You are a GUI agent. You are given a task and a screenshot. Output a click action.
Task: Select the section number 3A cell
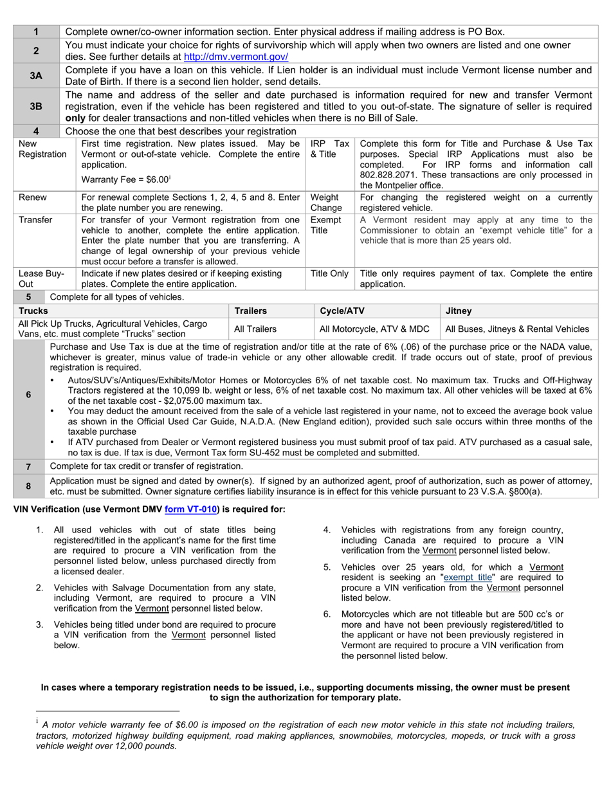click(x=36, y=75)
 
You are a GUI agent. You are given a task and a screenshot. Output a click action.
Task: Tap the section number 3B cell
click(x=36, y=107)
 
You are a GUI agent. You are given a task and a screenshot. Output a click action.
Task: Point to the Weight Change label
click(x=326, y=203)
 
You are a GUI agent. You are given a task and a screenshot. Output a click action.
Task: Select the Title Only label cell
click(x=329, y=273)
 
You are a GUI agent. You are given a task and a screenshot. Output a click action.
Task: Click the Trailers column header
click(x=250, y=311)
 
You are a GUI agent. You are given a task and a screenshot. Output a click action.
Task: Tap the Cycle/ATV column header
click(x=342, y=311)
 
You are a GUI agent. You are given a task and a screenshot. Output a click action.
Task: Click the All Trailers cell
click(x=255, y=329)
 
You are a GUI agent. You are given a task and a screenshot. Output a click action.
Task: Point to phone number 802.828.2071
click(x=388, y=175)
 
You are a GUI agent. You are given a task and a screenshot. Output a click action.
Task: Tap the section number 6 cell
click(x=28, y=395)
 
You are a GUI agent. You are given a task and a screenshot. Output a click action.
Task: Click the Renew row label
click(x=33, y=197)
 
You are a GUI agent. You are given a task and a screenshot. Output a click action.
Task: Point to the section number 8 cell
click(x=28, y=486)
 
